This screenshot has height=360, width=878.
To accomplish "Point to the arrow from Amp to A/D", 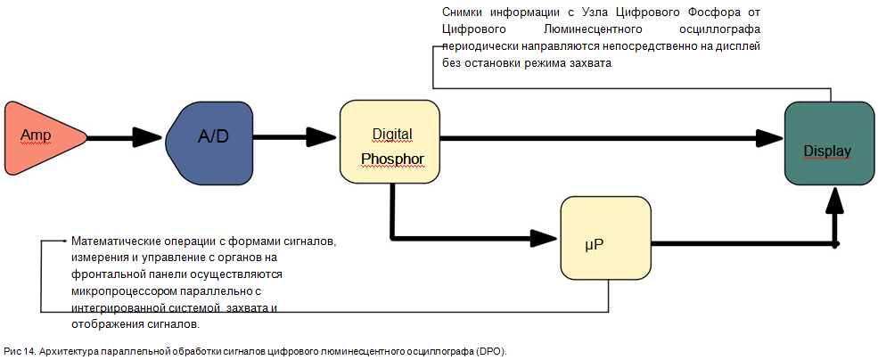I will (125, 138).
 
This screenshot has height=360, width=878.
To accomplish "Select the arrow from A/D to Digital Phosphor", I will (294, 138).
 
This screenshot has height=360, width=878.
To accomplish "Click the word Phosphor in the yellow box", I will (392, 160).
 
